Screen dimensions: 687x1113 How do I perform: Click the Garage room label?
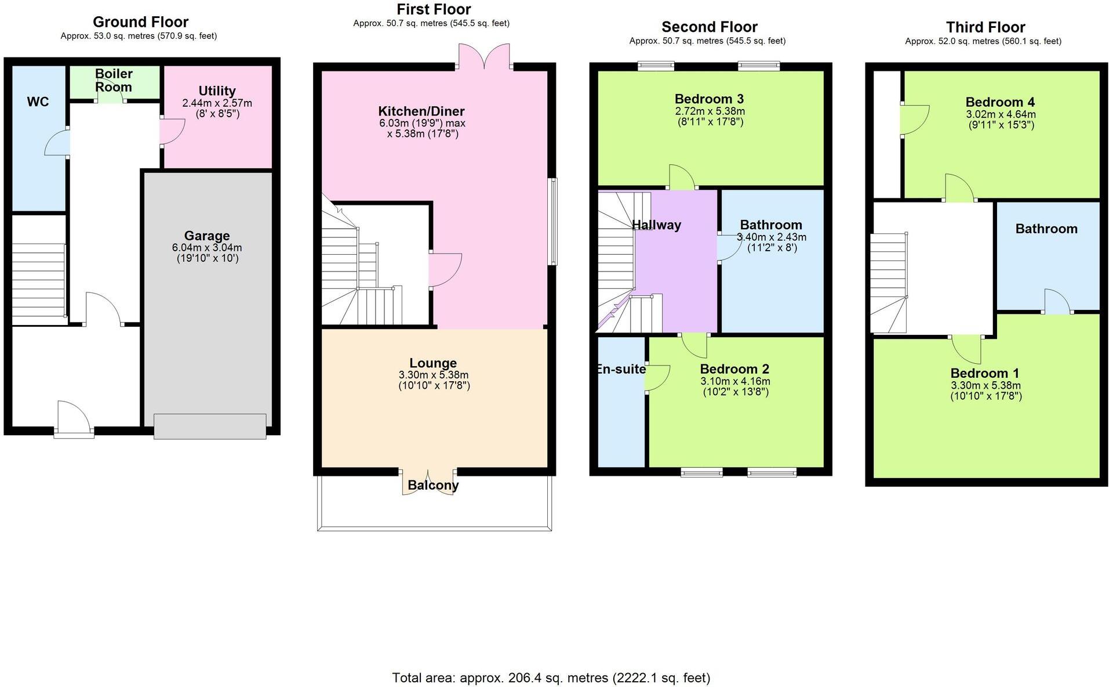tap(206, 236)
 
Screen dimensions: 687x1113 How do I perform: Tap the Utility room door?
tap(172, 131)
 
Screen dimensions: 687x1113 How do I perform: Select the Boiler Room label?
tap(114, 81)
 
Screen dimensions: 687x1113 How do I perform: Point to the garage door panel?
tap(210, 426)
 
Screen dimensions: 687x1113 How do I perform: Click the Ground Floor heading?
tap(140, 22)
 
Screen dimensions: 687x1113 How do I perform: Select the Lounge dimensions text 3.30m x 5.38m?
tap(433, 375)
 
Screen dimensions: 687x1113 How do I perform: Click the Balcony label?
tap(433, 485)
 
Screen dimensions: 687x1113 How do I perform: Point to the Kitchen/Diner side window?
tap(554, 222)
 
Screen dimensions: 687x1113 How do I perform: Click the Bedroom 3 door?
tap(683, 178)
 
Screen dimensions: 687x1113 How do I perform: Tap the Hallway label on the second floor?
tap(656, 225)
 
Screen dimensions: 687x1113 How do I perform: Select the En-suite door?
tap(657, 378)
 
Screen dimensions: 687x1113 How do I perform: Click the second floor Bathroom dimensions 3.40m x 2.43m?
tap(771, 237)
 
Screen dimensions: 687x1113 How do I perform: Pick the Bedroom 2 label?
tap(734, 369)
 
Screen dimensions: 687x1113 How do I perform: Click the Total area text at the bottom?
tap(551, 677)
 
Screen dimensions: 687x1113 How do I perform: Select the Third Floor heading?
tap(985, 27)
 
